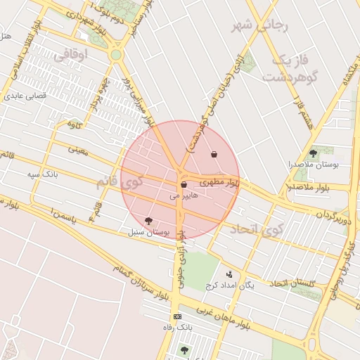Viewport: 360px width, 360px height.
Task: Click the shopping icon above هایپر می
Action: click(x=184, y=185)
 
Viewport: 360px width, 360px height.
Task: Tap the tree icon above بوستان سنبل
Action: click(x=148, y=221)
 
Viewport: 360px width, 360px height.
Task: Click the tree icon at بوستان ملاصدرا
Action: click(x=313, y=153)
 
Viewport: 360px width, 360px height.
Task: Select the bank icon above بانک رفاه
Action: click(x=177, y=316)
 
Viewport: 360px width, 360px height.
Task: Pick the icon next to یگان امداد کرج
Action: click(x=229, y=274)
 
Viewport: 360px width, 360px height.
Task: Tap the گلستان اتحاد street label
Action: click(x=295, y=283)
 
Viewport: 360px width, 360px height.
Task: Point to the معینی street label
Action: click(x=77, y=150)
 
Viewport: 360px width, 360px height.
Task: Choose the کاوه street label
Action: click(x=75, y=125)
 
